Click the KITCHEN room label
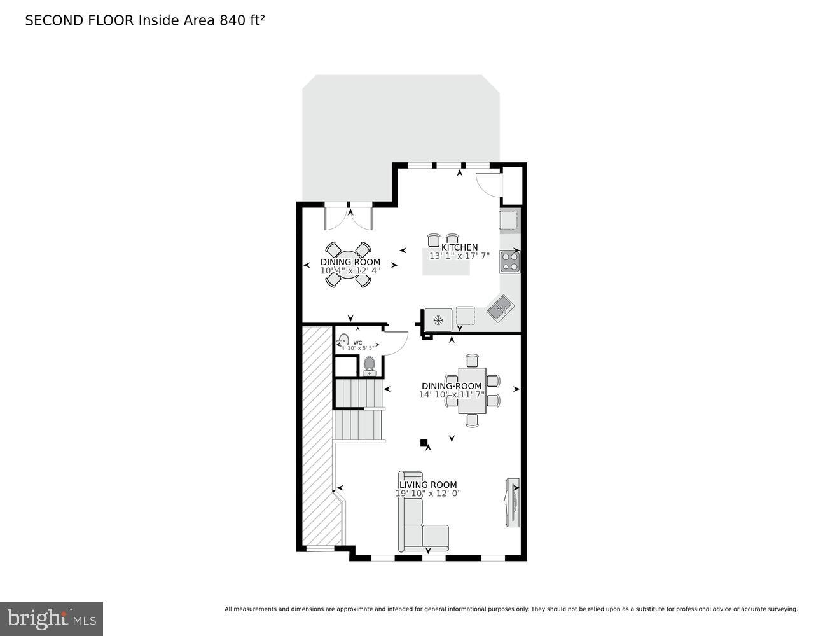tap(459, 247)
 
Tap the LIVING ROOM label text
tap(427, 485)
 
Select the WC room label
tap(357, 342)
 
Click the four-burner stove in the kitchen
tap(509, 261)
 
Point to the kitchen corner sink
tap(501, 309)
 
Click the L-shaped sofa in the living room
tap(417, 518)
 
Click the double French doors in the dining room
tap(349, 218)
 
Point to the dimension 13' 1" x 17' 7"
tap(459, 256)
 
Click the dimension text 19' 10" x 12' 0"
tap(427, 493)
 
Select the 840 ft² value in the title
tap(242, 20)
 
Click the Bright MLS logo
tap(52, 618)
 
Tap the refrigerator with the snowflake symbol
tap(438, 319)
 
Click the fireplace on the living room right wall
tap(511, 502)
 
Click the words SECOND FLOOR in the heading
tap(79, 20)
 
